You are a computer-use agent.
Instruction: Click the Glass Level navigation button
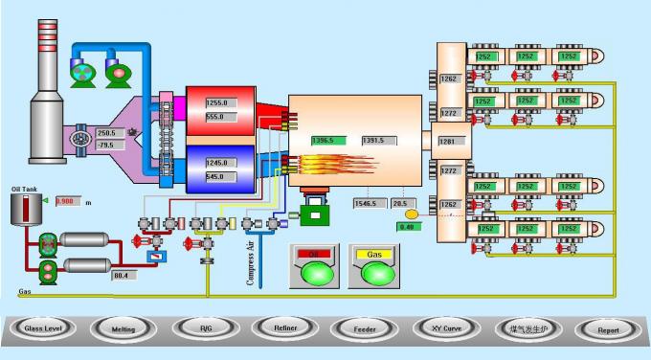43,328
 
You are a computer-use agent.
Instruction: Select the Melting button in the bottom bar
123,328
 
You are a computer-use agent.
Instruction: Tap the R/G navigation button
205,328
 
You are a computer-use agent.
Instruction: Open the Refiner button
284,327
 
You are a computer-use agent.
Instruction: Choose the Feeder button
366,328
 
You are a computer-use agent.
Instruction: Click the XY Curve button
445,327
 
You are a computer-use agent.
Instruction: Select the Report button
608,329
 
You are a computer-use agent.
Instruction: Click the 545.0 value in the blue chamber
216,176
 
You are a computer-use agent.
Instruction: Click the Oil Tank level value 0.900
67,201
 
